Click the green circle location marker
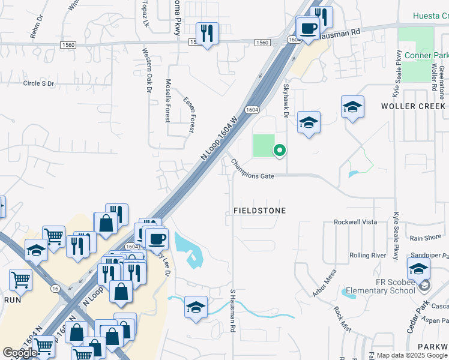click(279, 151)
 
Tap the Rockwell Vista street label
click(355, 222)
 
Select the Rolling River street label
click(368, 256)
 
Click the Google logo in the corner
click(20, 353)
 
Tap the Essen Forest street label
click(190, 113)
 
